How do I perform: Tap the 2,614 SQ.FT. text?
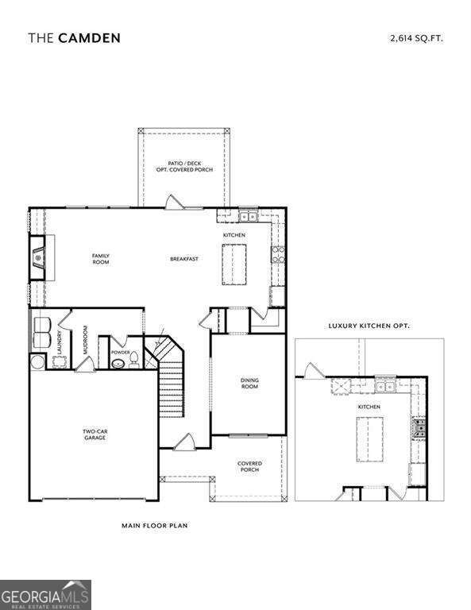(416, 37)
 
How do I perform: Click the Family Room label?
(100, 258)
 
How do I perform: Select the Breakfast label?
(183, 259)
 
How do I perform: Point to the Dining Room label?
(249, 383)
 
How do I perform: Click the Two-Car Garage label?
(94, 434)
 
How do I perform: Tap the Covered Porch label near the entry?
(249, 466)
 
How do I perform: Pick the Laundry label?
(59, 342)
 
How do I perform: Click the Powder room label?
(121, 352)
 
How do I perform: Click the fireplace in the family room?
(37, 257)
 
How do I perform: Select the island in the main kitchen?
(234, 264)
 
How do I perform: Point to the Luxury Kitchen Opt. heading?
(369, 326)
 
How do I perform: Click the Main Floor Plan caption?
(154, 525)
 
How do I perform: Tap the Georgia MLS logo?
(45, 594)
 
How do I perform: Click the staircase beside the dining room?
(172, 391)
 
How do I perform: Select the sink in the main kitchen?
(248, 215)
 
